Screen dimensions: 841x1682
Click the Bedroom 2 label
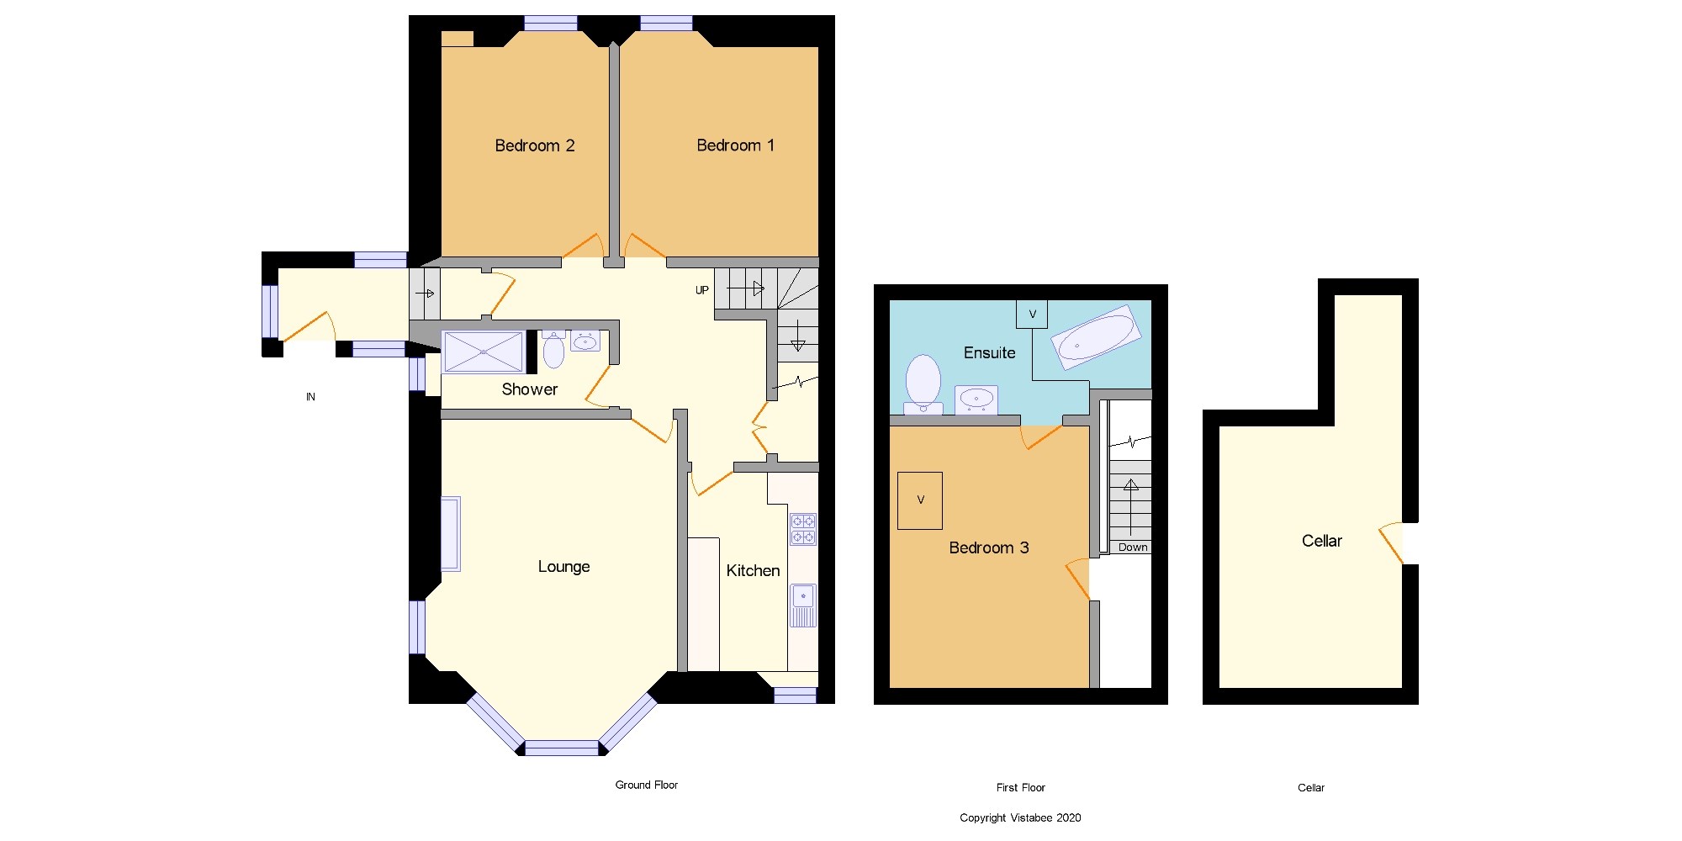[x=534, y=145]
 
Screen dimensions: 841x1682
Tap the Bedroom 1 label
[x=735, y=145]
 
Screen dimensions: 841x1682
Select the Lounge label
[x=563, y=567]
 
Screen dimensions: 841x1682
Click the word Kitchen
[x=753, y=571]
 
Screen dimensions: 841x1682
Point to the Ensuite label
[x=989, y=353]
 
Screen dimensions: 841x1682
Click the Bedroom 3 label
[x=988, y=548]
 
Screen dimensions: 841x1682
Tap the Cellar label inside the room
[x=1321, y=542]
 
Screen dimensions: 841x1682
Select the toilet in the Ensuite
[x=923, y=382]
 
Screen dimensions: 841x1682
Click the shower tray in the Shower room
[x=483, y=352]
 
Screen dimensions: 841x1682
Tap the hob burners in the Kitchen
[x=802, y=529]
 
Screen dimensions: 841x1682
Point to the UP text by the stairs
[x=701, y=290]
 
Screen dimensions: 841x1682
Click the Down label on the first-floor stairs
[x=1132, y=547]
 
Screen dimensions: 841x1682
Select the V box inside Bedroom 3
[x=919, y=500]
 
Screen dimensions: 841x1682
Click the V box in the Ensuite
[x=1032, y=315]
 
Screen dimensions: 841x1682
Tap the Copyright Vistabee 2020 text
[x=1020, y=817]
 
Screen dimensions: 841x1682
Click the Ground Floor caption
[x=646, y=785]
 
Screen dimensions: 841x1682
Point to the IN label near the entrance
[x=310, y=397]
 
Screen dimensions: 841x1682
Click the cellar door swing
[x=1394, y=542]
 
